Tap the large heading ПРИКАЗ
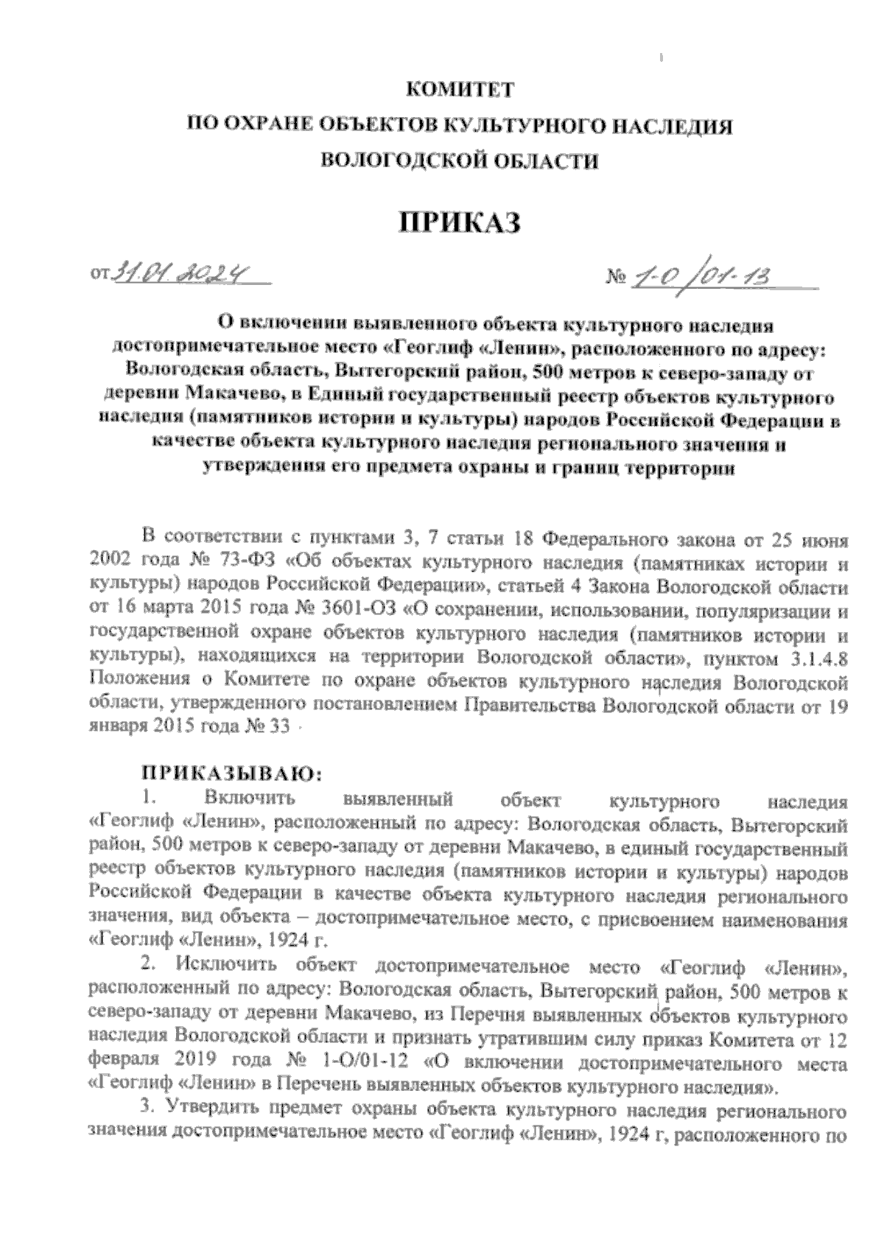(459, 222)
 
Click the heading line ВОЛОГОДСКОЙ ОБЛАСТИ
(461, 161)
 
